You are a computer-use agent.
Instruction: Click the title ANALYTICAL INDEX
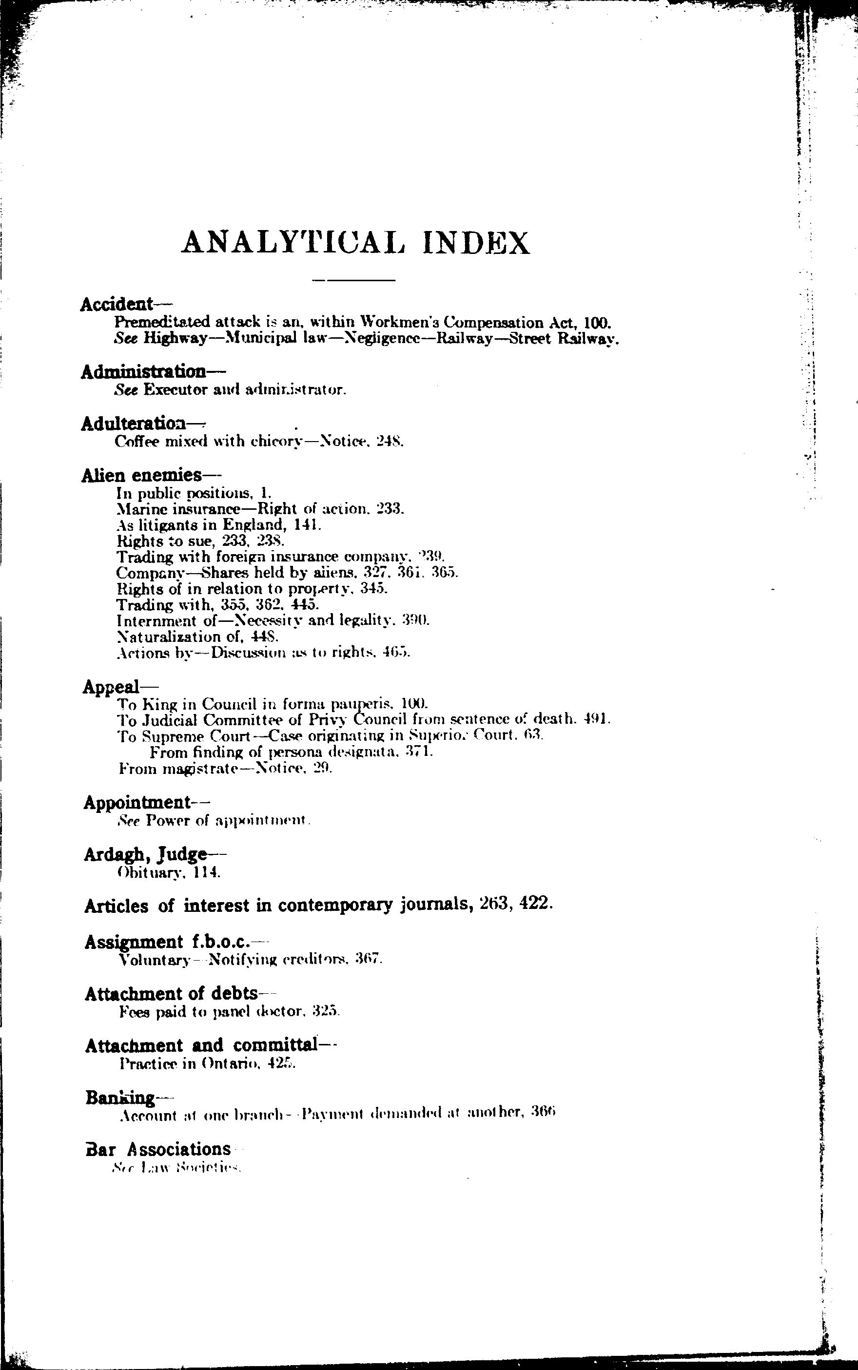[x=356, y=242]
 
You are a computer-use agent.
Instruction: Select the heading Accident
[x=117, y=304]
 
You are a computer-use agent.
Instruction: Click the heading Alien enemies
[x=142, y=474]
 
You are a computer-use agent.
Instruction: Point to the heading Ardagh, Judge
[x=145, y=854]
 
